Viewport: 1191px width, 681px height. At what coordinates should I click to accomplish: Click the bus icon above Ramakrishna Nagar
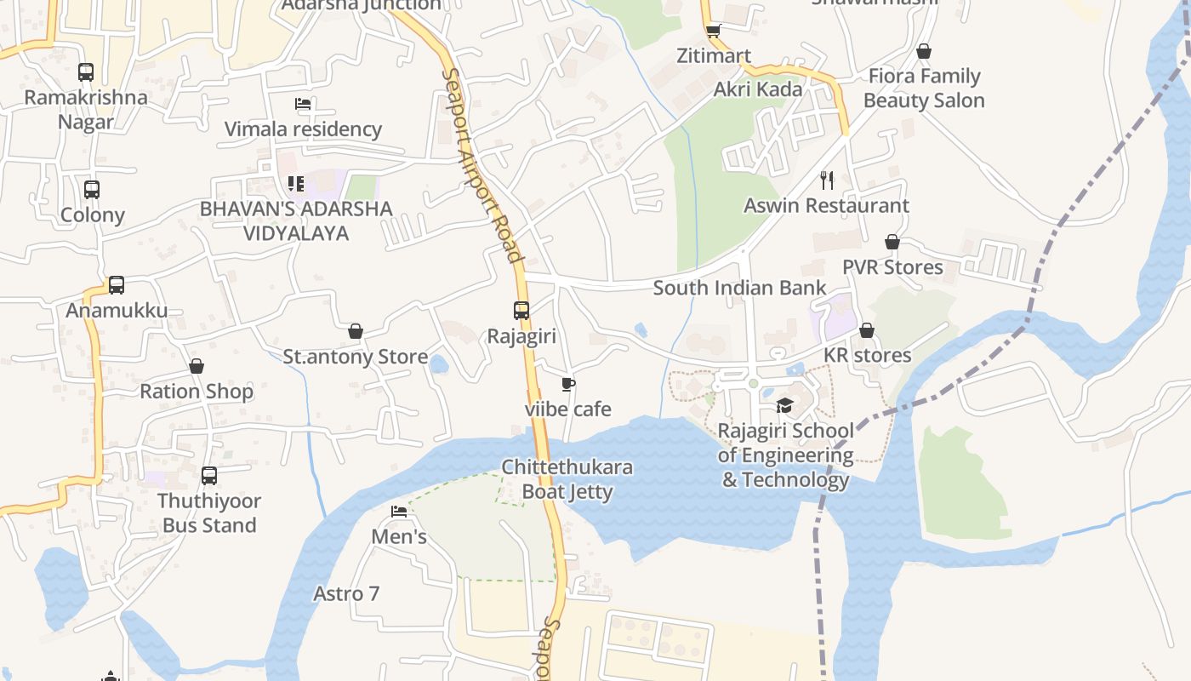(86, 72)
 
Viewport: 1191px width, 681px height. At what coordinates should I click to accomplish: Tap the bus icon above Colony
(92, 190)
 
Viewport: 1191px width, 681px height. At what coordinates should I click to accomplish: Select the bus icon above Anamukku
(117, 285)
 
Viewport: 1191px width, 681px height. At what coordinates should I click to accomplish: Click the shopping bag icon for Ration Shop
(197, 366)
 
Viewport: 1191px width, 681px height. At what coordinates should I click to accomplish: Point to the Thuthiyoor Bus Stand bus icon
(209, 476)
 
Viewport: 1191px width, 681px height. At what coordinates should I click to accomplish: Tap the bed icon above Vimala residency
(303, 104)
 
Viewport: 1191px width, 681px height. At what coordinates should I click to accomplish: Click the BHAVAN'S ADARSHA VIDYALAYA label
(296, 220)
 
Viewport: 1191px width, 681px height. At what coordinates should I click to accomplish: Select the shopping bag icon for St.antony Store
(356, 331)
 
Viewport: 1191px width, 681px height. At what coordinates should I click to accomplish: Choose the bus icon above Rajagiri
(521, 311)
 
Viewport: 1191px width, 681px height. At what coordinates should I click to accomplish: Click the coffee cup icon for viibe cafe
(568, 385)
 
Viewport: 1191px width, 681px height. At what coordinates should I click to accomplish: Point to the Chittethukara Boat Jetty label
(567, 479)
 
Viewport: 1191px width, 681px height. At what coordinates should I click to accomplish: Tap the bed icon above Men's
(399, 512)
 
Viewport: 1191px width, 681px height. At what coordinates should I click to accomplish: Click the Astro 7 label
(346, 593)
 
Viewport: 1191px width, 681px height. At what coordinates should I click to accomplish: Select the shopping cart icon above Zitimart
(714, 31)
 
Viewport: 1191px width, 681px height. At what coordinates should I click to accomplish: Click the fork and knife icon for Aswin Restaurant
(827, 180)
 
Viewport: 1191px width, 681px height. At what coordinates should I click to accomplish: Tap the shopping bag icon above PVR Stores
(892, 242)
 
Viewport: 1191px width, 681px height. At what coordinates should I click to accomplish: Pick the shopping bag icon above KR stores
(867, 330)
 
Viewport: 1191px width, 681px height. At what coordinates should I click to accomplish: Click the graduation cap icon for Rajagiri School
(784, 405)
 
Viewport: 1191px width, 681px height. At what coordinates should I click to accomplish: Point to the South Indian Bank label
(739, 288)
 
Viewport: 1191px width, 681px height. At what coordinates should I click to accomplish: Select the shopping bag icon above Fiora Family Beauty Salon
(924, 51)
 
